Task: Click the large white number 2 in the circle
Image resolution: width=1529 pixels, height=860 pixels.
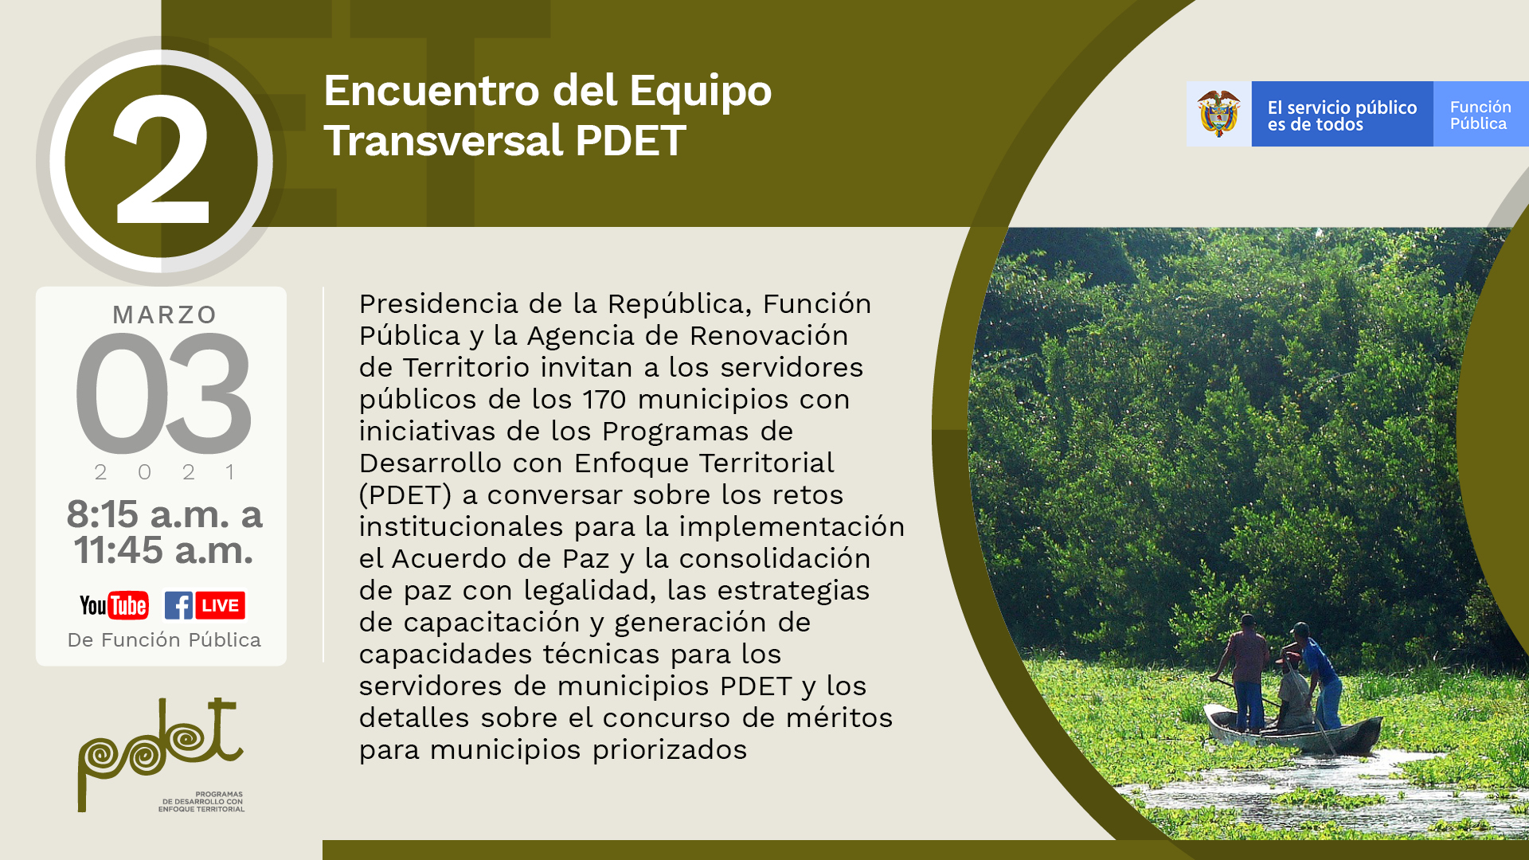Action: [162, 161]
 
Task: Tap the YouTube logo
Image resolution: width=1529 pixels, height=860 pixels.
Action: [114, 606]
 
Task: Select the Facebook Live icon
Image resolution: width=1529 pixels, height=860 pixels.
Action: [205, 605]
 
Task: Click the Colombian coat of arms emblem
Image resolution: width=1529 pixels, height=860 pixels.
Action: [1218, 114]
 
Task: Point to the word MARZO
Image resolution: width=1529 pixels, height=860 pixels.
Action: [165, 315]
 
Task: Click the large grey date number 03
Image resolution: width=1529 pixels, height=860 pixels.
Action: [163, 393]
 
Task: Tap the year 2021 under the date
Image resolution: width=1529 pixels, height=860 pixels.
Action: [165, 472]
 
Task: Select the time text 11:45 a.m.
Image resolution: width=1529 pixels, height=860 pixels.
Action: [163, 550]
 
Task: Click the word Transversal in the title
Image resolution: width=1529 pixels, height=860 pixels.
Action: [444, 141]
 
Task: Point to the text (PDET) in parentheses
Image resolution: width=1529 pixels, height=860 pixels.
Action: [405, 494]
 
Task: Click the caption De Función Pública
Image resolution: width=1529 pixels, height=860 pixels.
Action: [164, 640]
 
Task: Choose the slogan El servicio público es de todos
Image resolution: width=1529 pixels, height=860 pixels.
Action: [1342, 115]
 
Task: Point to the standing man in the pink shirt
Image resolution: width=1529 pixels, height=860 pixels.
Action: [1246, 669]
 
